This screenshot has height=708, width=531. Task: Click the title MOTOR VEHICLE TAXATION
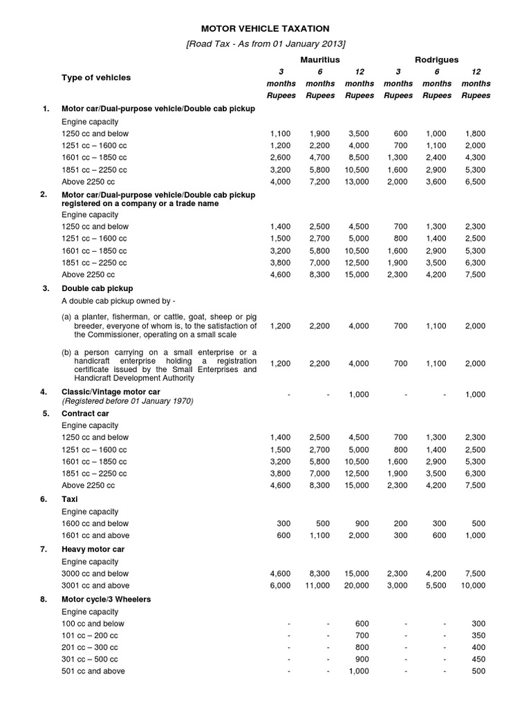(x=265, y=28)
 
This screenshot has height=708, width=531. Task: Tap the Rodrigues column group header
(x=436, y=60)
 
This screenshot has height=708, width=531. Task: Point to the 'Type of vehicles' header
(x=95, y=77)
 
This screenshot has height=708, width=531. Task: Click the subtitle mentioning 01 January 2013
(x=265, y=44)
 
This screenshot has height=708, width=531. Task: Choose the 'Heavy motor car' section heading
(x=93, y=549)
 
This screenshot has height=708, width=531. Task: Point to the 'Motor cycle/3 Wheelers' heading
(x=106, y=599)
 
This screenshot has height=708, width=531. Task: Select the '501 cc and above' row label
(x=93, y=671)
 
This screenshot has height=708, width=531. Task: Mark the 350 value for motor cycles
(x=477, y=635)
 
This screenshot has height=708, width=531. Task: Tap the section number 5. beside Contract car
(x=45, y=413)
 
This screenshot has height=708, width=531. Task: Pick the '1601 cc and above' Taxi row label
(x=95, y=534)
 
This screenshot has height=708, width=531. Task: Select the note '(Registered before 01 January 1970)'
(x=127, y=401)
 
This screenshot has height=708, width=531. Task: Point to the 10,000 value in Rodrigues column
(x=474, y=585)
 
